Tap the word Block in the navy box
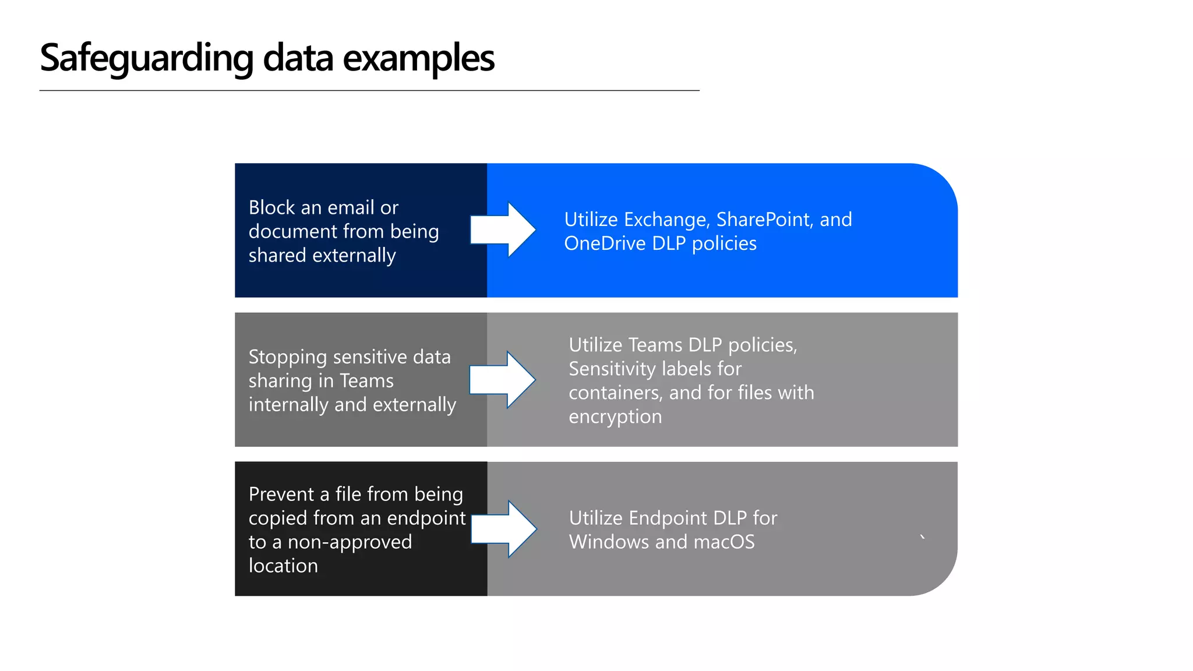(x=272, y=207)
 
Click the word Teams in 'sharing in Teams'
(x=366, y=381)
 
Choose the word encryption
(x=615, y=417)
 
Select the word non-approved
(x=350, y=542)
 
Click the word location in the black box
(x=283, y=566)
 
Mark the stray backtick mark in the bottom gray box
(x=922, y=537)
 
